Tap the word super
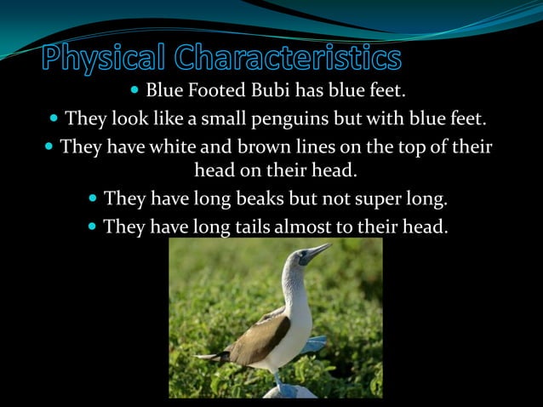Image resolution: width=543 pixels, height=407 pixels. pos(373,199)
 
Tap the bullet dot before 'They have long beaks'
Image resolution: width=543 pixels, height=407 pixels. pos(92,199)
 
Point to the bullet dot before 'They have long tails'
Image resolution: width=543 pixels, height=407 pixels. pos(92,226)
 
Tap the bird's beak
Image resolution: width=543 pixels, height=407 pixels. pos(318,250)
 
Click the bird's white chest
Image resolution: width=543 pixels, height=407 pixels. pos(294,328)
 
